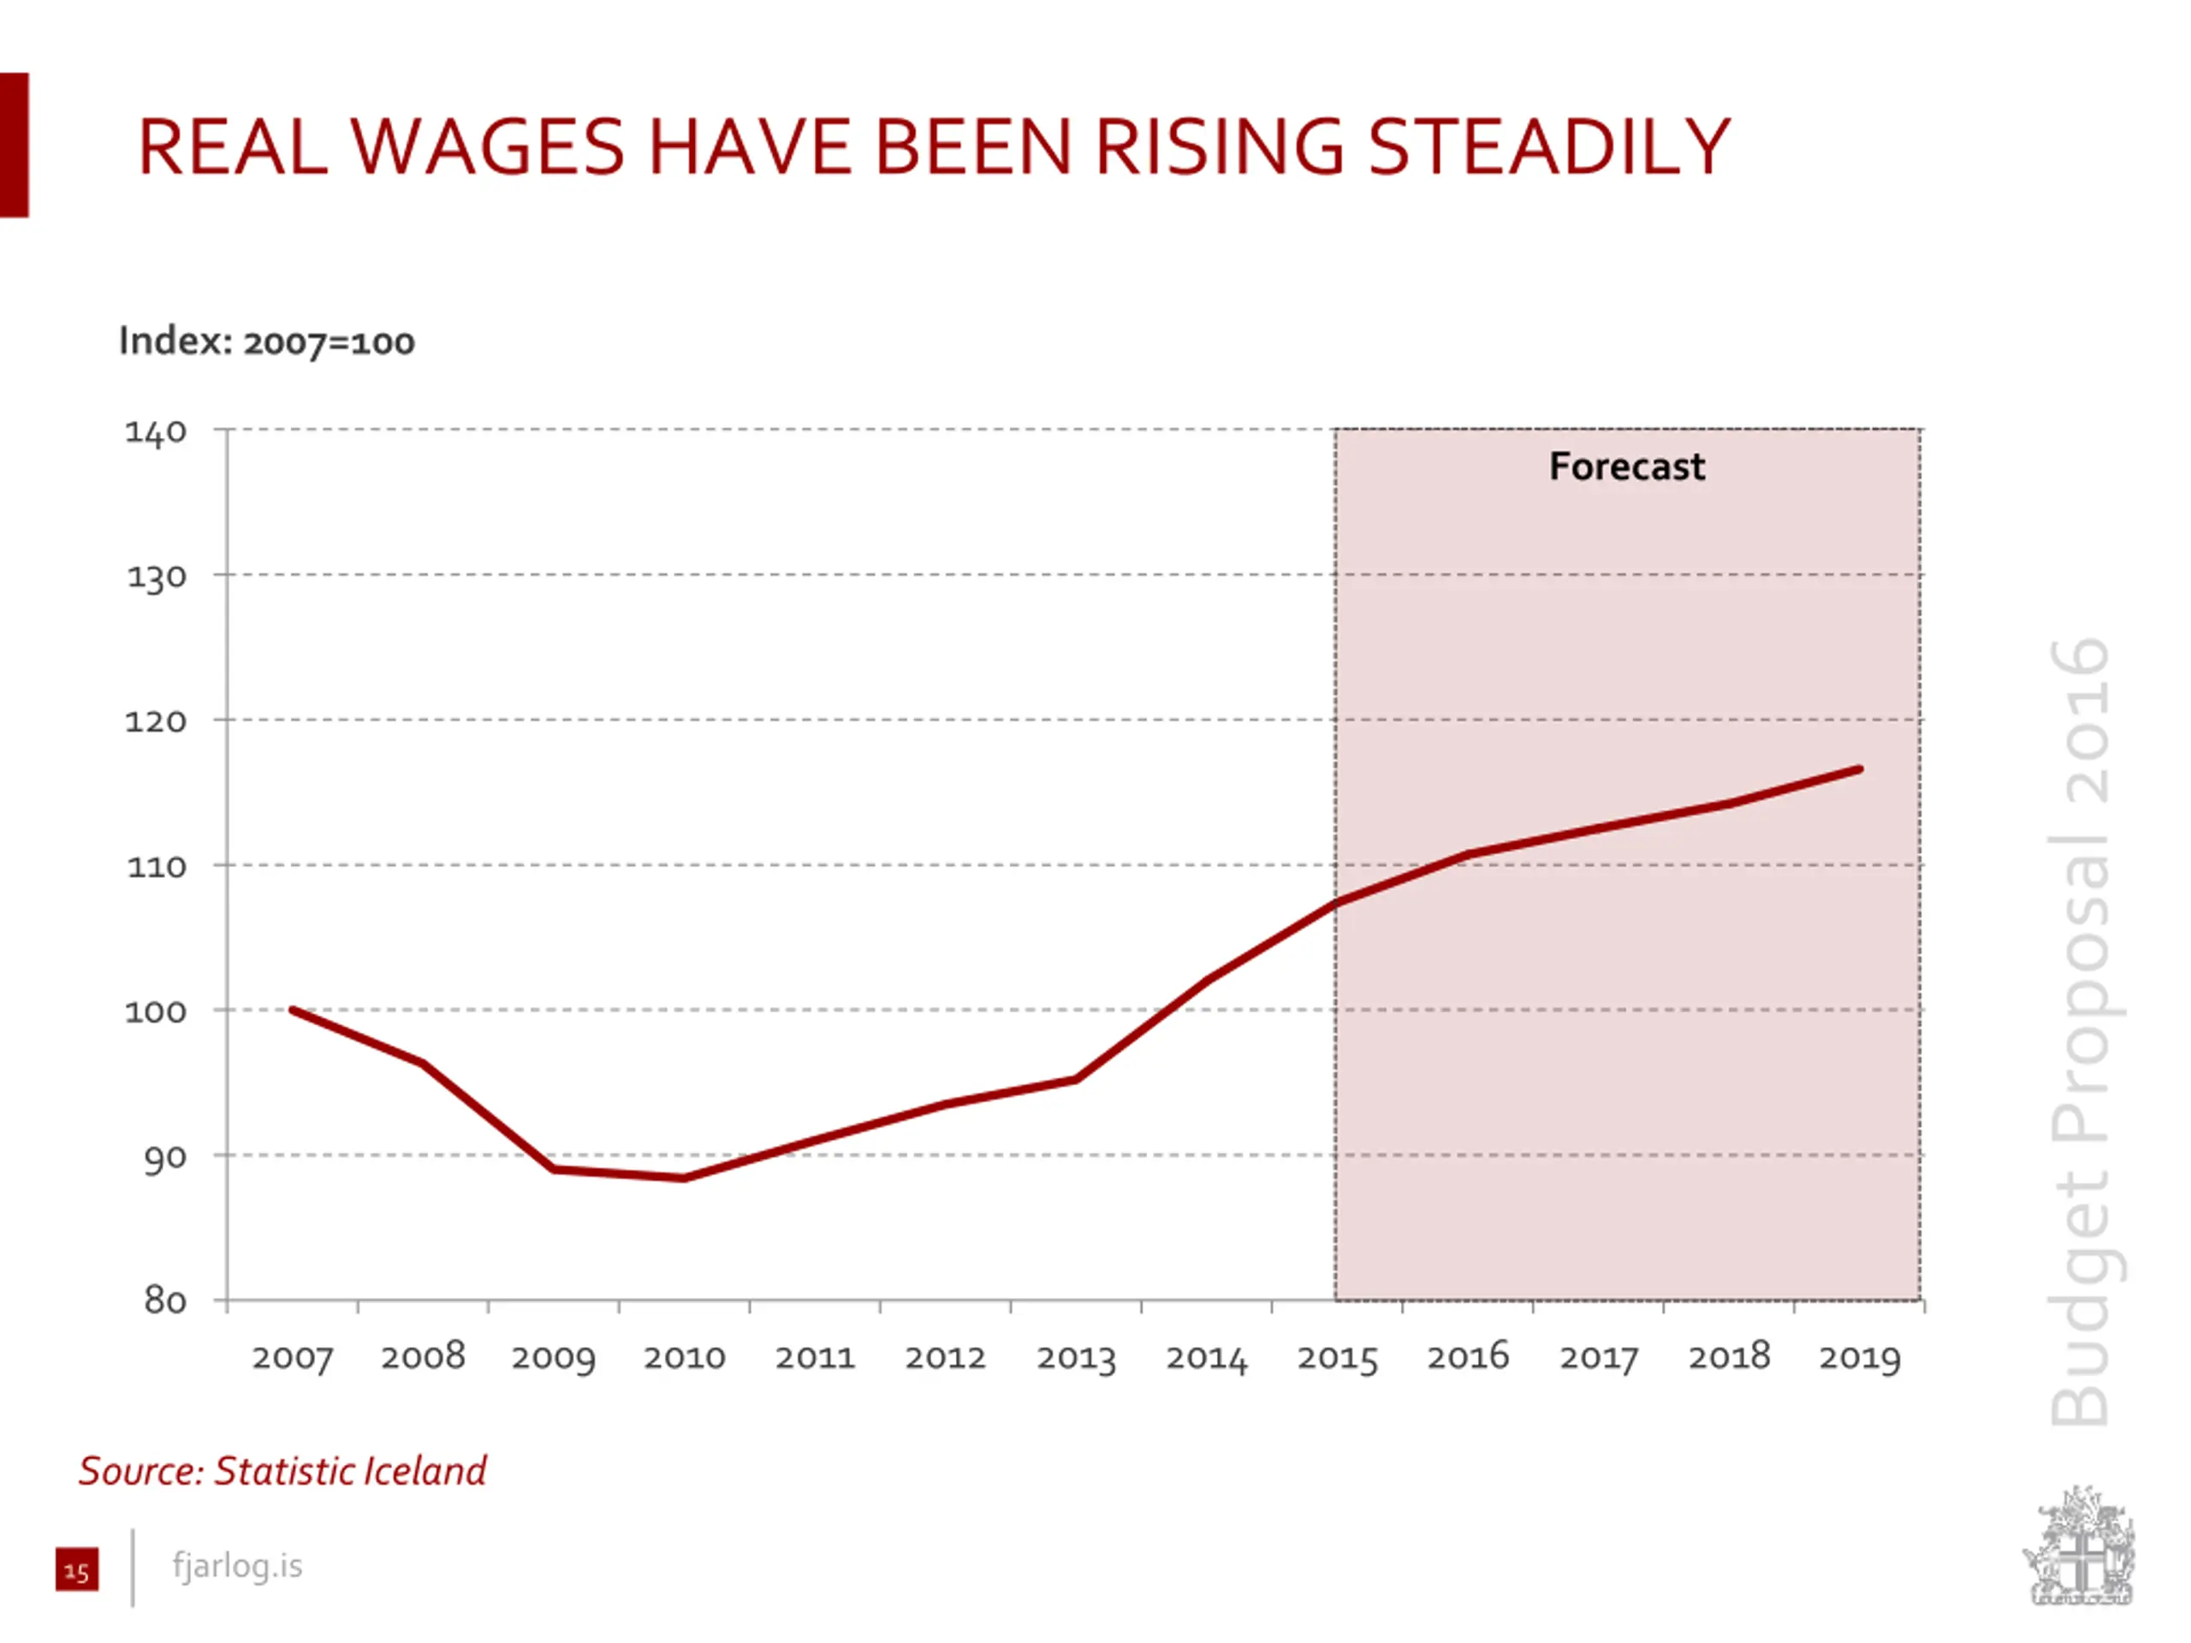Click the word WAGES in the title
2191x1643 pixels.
tap(486, 147)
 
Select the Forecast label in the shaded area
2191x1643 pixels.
tap(1626, 466)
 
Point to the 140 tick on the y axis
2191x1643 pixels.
tap(156, 432)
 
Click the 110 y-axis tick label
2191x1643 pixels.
tap(157, 868)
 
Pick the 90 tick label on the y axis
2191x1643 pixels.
tap(164, 1157)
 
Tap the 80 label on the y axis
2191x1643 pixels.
tap(164, 1301)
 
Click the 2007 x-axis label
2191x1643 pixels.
tap(292, 1358)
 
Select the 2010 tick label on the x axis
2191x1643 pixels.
tap(685, 1358)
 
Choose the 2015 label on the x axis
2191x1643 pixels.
tap(1337, 1358)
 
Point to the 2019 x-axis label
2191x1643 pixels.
tap(1859, 1358)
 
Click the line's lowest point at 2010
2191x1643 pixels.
tap(685, 1177)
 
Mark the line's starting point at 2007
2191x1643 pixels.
tap(294, 1010)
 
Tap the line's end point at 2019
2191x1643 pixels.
tap(1859, 769)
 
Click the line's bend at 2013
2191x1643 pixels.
tap(1076, 1078)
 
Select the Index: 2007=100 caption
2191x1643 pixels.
tap(266, 341)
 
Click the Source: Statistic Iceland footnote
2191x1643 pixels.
tap(283, 1471)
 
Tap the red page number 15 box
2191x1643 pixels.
tap(77, 1569)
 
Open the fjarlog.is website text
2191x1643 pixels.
tap(238, 1566)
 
